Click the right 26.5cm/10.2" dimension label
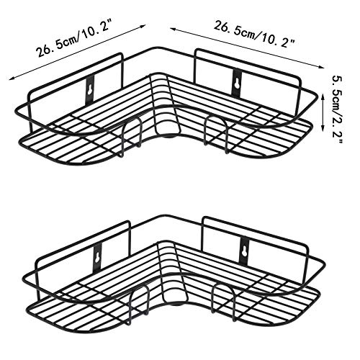[x=254, y=35]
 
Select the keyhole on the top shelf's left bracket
[x=90, y=89]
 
